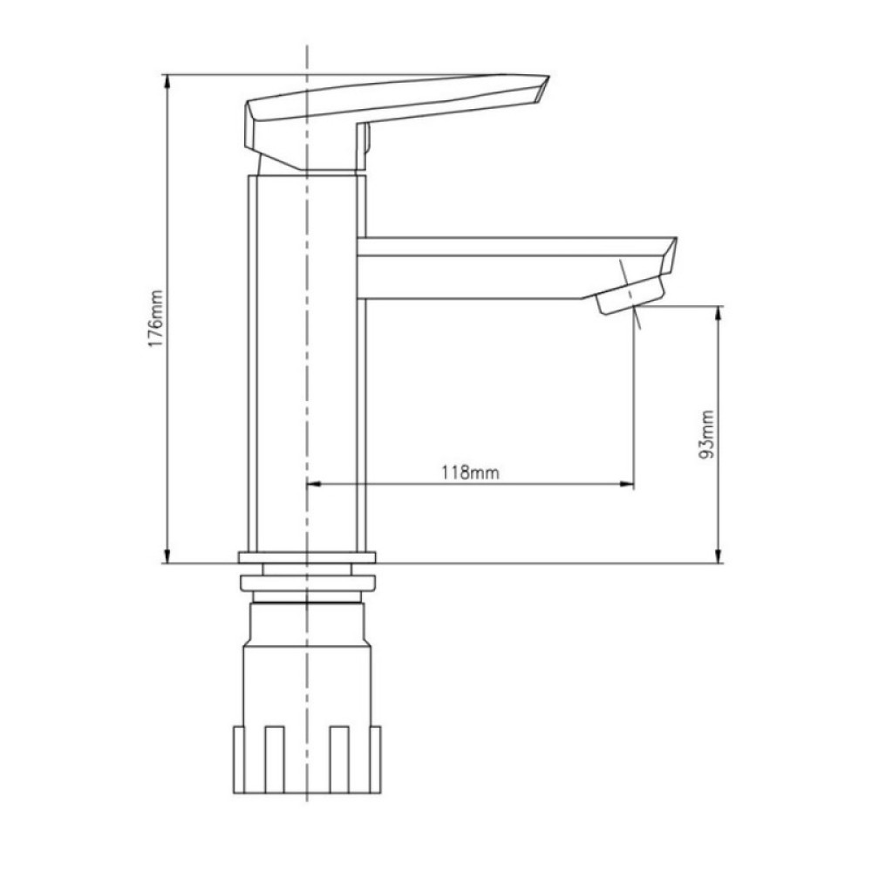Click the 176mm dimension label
(156, 318)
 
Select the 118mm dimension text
(470, 472)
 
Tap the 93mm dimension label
(705, 433)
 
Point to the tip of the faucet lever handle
(548, 76)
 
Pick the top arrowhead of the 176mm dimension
(167, 82)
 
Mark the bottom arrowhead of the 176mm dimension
(167, 555)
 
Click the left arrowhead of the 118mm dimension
(314, 484)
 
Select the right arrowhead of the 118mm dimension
(627, 484)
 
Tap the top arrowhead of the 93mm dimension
(718, 314)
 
